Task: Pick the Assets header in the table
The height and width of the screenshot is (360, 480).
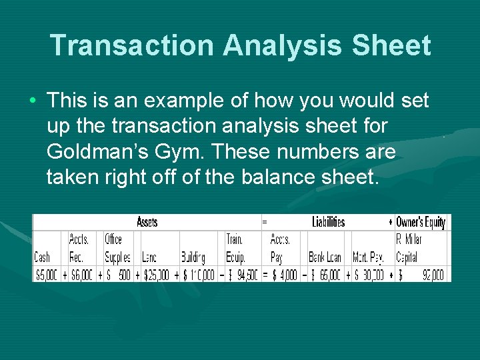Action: [147, 222]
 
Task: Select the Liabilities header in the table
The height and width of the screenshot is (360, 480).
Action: [328, 222]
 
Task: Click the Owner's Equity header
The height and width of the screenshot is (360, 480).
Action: [420, 222]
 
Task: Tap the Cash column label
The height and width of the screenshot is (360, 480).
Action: [42, 257]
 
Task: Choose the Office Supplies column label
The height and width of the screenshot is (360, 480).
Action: [117, 248]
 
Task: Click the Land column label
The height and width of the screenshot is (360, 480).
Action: [151, 257]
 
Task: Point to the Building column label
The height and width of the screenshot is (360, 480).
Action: [193, 257]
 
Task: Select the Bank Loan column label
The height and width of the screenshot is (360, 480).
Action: [325, 257]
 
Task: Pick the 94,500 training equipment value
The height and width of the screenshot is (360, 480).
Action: [244, 274]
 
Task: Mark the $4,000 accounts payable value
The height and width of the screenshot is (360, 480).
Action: [285, 274]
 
